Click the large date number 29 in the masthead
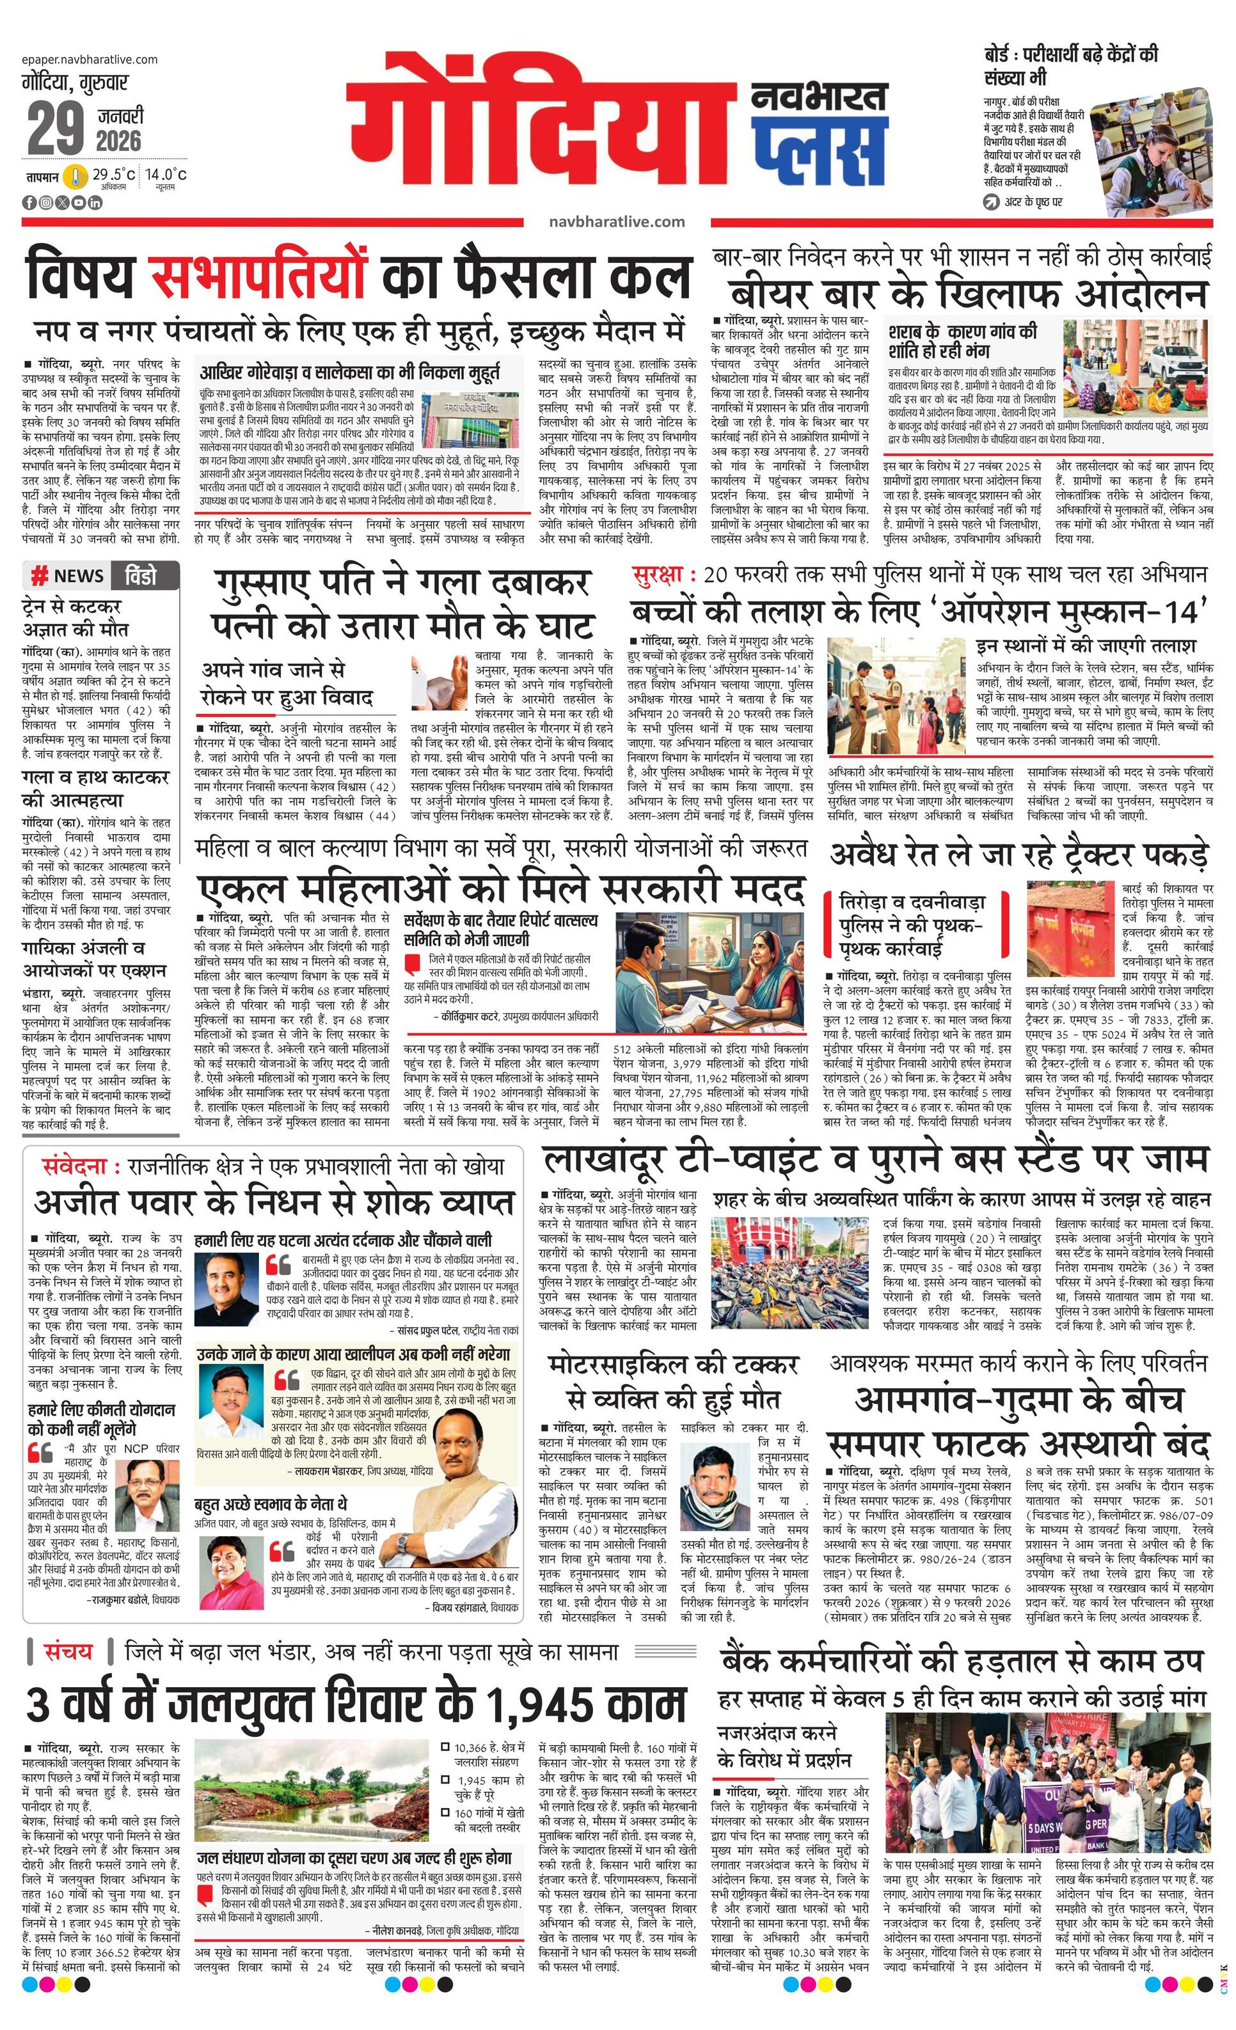[56, 129]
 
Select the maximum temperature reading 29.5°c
[113, 175]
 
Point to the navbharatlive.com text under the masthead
[616, 221]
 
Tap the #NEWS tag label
[68, 575]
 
